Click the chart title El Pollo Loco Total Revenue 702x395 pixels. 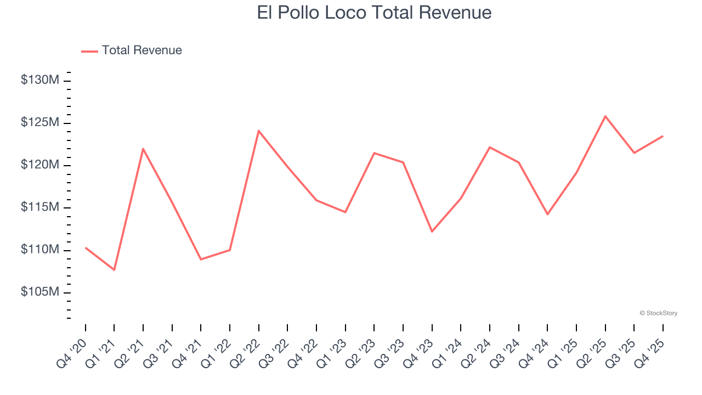[374, 13]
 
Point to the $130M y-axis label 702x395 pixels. [39, 80]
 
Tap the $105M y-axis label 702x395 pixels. [39, 292]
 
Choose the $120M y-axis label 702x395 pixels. [39, 165]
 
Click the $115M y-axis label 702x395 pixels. [39, 207]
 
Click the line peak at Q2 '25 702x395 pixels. [605, 116]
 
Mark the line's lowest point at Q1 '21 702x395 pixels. [114, 270]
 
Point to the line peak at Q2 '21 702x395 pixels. [143, 149]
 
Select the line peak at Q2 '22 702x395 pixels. [258, 131]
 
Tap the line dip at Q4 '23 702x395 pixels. [432, 232]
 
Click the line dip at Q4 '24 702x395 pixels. [547, 214]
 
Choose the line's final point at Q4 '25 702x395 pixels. [663, 136]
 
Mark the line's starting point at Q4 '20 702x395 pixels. [86, 247]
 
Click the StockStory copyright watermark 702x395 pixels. [658, 313]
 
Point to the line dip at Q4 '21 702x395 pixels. [201, 259]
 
